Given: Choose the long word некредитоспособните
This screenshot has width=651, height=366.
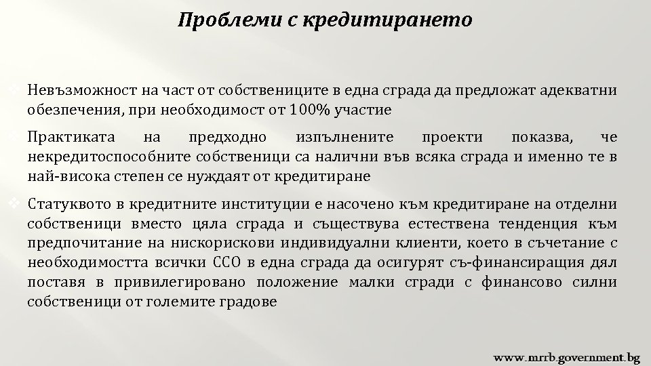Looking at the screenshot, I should (x=108, y=157).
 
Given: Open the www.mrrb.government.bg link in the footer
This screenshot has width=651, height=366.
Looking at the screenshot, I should (x=566, y=356).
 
